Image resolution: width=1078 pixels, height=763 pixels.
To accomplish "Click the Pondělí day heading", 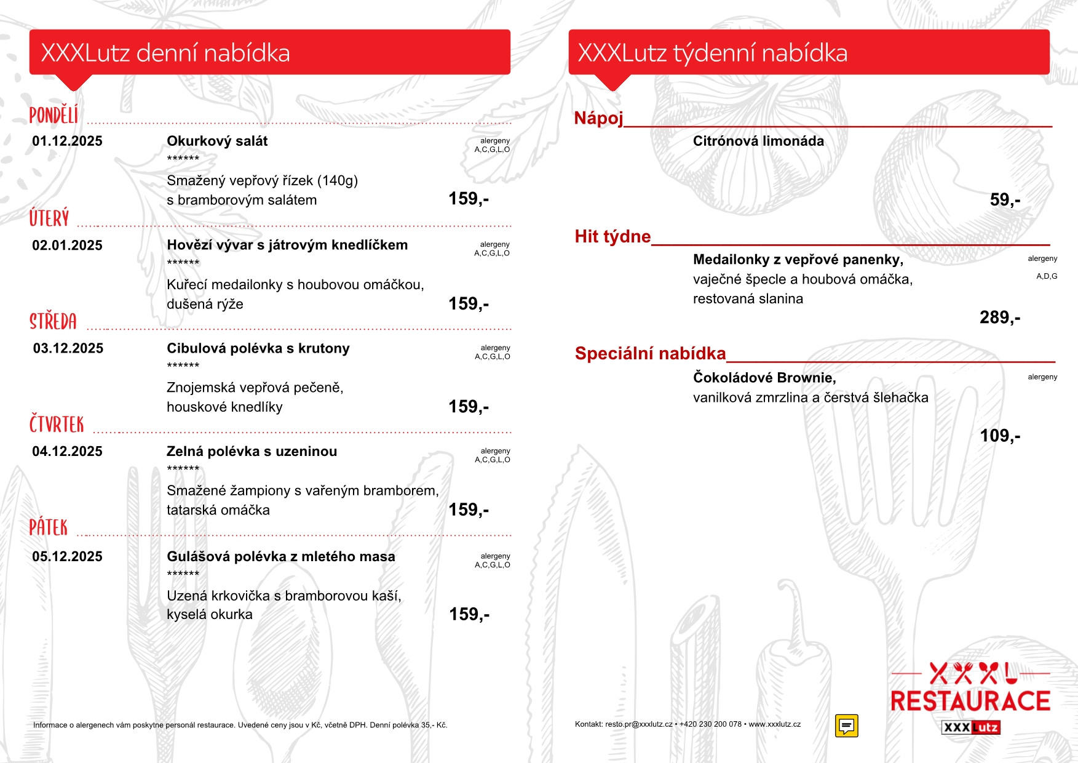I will click(54, 115).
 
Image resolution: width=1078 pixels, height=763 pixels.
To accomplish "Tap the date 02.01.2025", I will click(67, 246).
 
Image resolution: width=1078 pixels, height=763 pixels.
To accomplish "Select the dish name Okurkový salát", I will click(217, 141).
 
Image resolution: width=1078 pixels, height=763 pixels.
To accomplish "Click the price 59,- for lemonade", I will click(1005, 200).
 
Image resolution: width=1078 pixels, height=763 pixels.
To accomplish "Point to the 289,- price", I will click(999, 318).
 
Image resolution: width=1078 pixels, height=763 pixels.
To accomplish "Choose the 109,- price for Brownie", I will click(999, 436).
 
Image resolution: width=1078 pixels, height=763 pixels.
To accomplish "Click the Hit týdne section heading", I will click(612, 236).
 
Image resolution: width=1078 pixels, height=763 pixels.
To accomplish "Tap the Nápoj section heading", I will click(598, 118).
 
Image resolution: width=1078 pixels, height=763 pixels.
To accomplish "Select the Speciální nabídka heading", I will click(650, 353).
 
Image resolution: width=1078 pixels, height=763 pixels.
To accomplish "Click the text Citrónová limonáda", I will click(758, 141).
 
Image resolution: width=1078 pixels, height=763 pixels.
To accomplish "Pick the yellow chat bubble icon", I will click(846, 726).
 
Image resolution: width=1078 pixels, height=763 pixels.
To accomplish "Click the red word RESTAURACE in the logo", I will click(970, 701).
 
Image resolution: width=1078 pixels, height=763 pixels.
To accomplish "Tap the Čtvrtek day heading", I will click(57, 425).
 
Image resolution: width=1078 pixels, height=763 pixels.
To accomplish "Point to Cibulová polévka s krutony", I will click(258, 348).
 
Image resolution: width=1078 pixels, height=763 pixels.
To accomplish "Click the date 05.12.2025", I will click(67, 556).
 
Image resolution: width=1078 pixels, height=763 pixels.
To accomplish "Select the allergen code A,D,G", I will click(1047, 276).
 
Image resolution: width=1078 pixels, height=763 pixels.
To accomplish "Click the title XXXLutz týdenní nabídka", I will click(712, 53).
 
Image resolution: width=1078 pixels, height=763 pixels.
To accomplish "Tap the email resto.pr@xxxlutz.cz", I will click(638, 724).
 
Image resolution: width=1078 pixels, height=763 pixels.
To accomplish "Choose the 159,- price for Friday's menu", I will click(469, 614).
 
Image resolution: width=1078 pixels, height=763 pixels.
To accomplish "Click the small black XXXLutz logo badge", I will click(970, 727).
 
